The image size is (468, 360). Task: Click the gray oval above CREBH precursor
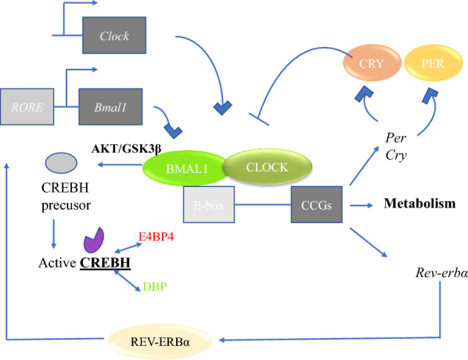click(x=61, y=161)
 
